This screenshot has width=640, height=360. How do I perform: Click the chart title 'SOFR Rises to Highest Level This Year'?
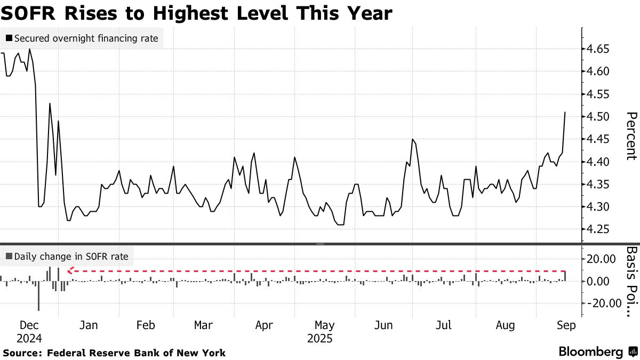pos(197,13)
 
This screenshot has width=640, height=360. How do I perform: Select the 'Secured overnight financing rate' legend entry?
pos(82,38)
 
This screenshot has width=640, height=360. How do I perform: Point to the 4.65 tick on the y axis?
pos(599,49)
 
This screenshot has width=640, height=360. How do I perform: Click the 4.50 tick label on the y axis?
pos(599,117)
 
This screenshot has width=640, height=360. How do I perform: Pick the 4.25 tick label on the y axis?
pos(599,229)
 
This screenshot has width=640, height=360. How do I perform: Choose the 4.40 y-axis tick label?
pos(599,162)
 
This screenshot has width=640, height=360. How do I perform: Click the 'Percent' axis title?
pos(631,135)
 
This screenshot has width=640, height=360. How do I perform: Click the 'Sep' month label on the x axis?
pos(565,325)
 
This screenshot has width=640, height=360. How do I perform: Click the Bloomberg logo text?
pos(590,352)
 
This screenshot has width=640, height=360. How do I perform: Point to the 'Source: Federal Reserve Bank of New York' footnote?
pos(114,353)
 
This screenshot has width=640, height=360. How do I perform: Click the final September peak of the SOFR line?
pos(565,112)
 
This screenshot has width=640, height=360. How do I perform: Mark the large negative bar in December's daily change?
pos(38,296)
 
